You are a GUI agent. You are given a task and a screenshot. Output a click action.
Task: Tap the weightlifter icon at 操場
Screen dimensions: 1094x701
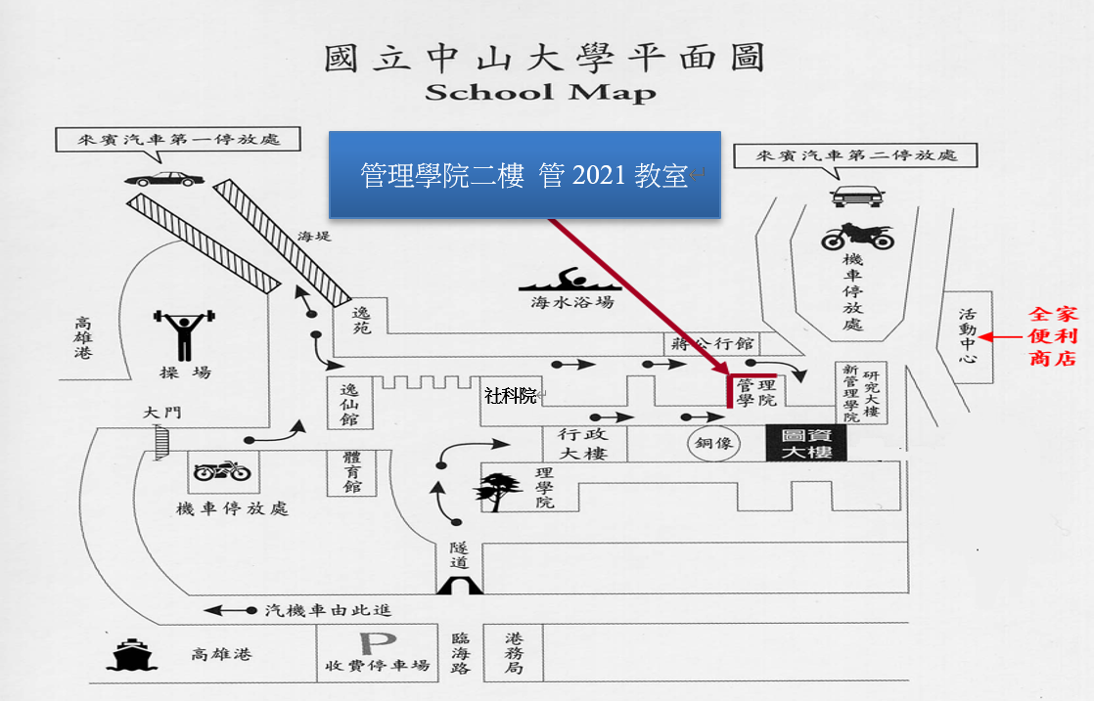pos(184,334)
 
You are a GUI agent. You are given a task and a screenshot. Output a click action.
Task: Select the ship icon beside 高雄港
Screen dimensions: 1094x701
pos(131,654)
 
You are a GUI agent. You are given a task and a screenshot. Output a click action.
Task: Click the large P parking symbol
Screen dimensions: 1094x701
pos(378,643)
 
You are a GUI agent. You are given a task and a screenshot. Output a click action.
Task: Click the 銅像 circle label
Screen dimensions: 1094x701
pos(713,443)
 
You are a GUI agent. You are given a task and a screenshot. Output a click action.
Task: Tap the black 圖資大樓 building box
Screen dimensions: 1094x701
pos(806,443)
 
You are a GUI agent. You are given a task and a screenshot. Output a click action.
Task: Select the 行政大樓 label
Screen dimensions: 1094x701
pos(583,444)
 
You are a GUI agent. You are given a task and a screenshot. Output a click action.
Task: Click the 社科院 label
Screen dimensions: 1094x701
pos(511,396)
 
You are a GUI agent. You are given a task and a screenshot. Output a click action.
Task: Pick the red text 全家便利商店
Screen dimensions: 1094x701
pos(1053,336)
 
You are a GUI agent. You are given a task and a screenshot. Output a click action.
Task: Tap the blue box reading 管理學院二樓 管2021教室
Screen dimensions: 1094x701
pos(524,175)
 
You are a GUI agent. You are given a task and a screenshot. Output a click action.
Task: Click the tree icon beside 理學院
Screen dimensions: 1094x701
pos(498,491)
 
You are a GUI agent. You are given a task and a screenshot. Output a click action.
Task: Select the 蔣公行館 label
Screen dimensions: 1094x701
pos(712,343)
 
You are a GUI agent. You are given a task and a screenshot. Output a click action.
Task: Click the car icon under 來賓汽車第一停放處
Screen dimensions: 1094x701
pos(164,179)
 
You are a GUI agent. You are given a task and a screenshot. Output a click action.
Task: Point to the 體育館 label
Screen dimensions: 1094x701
pos(352,472)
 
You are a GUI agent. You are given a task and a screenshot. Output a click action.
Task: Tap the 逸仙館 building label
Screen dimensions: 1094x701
pos(349,404)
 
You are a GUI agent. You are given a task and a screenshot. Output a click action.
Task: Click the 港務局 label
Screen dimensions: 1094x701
pos(514,653)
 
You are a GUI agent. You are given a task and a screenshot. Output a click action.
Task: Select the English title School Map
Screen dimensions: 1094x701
pos(541,93)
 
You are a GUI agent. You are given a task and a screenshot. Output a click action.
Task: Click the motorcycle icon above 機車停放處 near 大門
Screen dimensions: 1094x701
pos(222,471)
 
